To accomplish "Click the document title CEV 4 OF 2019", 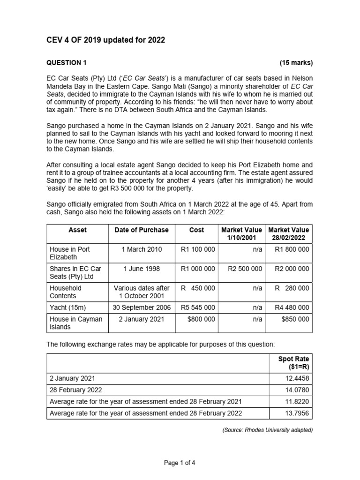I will click(105, 40).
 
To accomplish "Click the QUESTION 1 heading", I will click(66, 63).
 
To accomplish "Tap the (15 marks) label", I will click(296, 63).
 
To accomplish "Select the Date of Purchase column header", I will click(141, 230).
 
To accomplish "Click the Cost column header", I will click(196, 230).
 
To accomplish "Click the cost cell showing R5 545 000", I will click(197, 307).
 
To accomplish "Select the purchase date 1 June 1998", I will click(141, 269).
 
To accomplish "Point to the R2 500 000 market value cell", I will click(244, 269).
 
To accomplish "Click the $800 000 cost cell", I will click(201, 319).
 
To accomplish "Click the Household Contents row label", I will click(66, 292).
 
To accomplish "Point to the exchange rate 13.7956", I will click(297, 413).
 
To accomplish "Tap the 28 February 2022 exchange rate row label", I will click(76, 389).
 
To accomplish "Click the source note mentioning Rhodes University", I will click(267, 430).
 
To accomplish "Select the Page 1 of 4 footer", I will click(180, 463).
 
